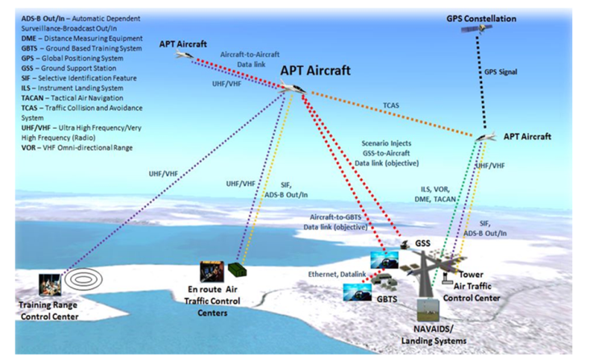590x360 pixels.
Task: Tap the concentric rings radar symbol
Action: click(84, 279)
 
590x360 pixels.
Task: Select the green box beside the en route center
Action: click(235, 270)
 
